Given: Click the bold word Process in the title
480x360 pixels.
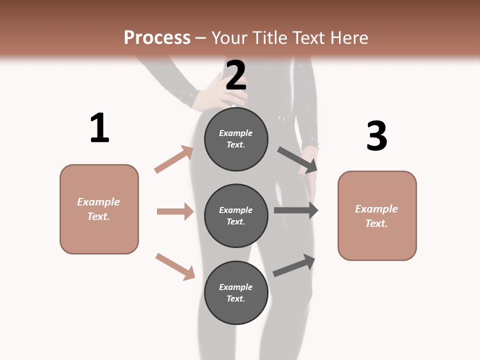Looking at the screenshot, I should (x=157, y=37).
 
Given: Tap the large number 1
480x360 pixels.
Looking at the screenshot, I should (x=99, y=128).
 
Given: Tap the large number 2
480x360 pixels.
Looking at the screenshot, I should (x=235, y=75).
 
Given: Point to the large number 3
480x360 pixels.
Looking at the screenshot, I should (x=376, y=136).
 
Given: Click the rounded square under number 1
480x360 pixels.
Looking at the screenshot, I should (x=99, y=209).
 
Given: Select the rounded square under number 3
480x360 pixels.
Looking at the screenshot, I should (x=377, y=215).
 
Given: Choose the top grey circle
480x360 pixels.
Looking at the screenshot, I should (x=236, y=139).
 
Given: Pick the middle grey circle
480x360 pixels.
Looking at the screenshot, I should (x=236, y=215).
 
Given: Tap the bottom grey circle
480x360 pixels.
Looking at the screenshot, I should (x=236, y=292).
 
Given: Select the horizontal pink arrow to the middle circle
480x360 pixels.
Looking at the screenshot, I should (x=175, y=211).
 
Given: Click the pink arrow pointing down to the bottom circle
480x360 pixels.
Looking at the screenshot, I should (x=175, y=266).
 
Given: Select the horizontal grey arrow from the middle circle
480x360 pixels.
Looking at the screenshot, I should (x=296, y=210).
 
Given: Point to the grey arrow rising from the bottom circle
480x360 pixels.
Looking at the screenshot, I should (x=294, y=265).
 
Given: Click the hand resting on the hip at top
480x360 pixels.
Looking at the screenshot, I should (x=210, y=92).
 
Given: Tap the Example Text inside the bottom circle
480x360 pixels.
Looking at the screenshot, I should (x=236, y=292).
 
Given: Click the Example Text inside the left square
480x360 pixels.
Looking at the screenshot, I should (x=99, y=209).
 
